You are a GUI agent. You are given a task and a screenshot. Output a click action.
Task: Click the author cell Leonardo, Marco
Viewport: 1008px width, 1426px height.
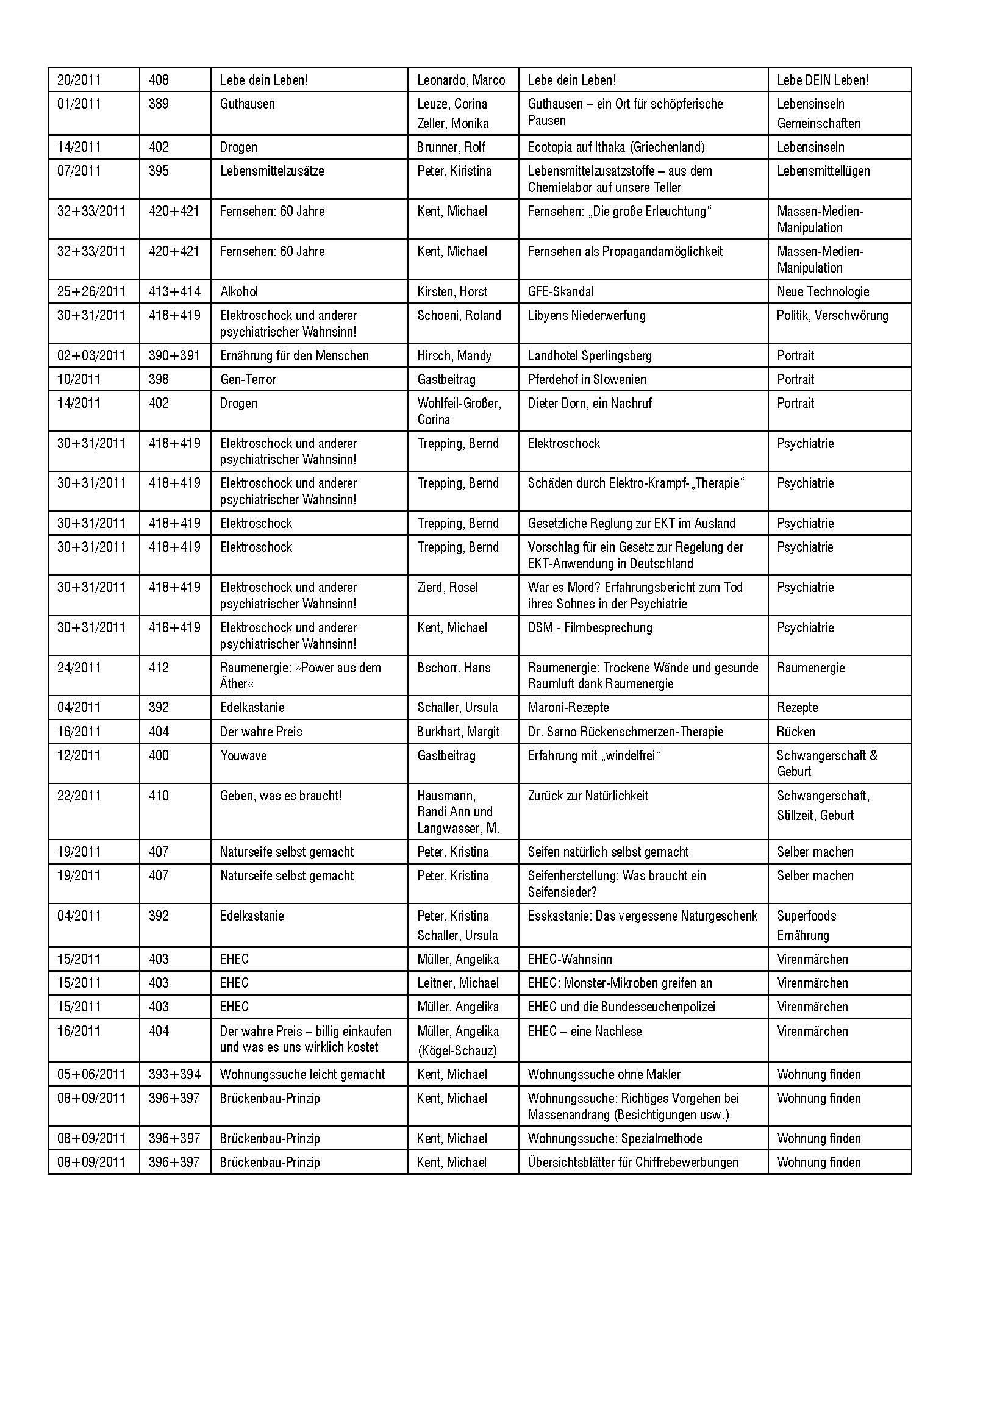click(461, 80)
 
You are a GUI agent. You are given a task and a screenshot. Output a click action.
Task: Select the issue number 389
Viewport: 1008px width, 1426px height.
click(159, 104)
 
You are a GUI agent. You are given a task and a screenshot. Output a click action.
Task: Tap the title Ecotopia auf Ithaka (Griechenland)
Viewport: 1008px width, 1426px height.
click(616, 147)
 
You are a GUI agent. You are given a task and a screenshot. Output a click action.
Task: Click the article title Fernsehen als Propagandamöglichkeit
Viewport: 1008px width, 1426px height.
click(625, 252)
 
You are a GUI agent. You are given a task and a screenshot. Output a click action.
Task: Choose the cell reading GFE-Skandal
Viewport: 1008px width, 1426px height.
click(560, 291)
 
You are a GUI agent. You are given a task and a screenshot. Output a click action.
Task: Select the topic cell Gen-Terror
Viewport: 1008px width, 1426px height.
click(248, 379)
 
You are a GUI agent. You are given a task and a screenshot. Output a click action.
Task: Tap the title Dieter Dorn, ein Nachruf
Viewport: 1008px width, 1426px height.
click(590, 403)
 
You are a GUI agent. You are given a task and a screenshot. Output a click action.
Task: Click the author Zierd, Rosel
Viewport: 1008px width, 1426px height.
click(447, 588)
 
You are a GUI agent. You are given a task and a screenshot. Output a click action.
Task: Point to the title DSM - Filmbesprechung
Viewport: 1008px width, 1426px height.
click(590, 628)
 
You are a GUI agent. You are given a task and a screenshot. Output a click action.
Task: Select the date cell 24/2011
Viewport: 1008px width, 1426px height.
click(78, 668)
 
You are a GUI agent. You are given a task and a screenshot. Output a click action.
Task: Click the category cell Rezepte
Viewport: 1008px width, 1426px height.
click(797, 707)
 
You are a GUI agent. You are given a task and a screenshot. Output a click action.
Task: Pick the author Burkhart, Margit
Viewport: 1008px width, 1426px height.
click(458, 732)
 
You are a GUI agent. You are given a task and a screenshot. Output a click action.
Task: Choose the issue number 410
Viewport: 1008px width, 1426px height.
click(159, 796)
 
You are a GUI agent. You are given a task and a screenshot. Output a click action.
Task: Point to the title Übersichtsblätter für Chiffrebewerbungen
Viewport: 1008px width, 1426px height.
click(632, 1162)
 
